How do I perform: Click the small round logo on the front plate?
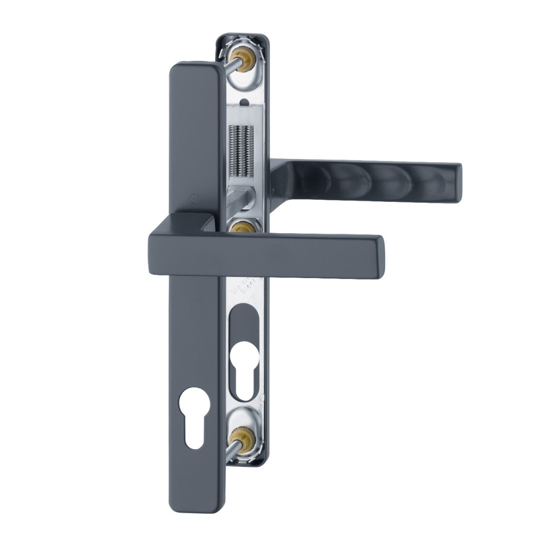(193, 197)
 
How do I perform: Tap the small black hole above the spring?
(245, 103)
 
